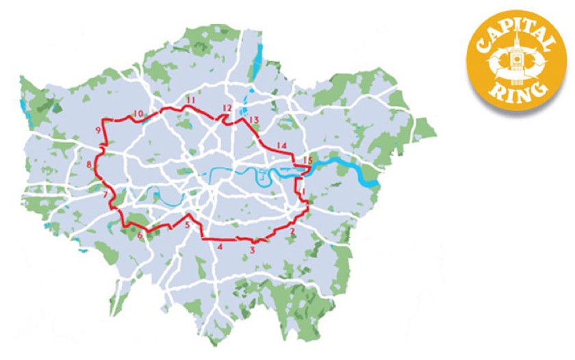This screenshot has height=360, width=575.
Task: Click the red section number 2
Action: click(x=293, y=232)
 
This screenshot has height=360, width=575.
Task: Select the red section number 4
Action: click(x=220, y=246)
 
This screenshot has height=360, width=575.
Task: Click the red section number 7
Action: click(x=105, y=195)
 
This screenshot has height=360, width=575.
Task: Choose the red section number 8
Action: click(x=89, y=164)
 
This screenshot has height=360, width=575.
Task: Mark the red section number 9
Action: click(x=99, y=130)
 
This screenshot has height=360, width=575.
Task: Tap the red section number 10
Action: click(x=138, y=114)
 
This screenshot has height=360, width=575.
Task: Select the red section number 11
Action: click(x=190, y=101)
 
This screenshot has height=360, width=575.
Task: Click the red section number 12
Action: click(x=227, y=109)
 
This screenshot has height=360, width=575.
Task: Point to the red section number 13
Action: click(x=254, y=120)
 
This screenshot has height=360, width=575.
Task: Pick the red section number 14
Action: click(x=281, y=144)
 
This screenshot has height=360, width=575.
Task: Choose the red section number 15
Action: click(x=307, y=160)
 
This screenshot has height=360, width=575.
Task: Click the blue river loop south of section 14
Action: click(x=264, y=177)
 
